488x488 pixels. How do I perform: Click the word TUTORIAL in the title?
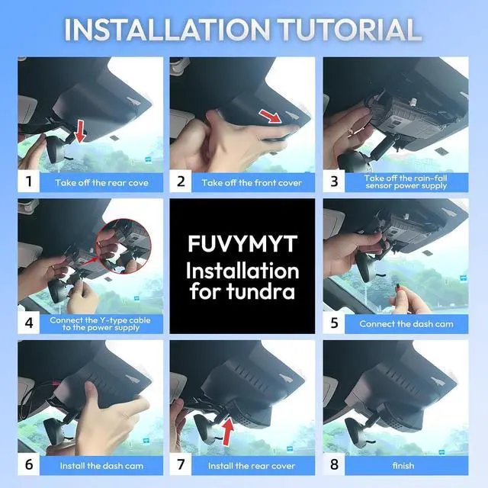click(350, 30)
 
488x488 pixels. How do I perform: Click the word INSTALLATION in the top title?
click(167, 30)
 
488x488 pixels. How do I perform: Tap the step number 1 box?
click(29, 181)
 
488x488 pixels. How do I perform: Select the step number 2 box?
click(181, 181)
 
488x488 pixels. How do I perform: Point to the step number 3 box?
click(334, 181)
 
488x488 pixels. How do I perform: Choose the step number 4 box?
click(29, 323)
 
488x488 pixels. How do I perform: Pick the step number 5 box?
click(334, 323)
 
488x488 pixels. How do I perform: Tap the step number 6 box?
click(29, 464)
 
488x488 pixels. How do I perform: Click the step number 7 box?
click(181, 464)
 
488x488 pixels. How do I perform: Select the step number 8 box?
click(334, 464)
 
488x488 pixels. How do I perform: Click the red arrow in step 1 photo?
click(80, 131)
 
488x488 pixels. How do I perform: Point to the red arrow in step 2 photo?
click(270, 116)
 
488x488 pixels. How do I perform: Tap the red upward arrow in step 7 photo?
click(228, 431)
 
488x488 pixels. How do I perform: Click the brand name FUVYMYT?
click(242, 244)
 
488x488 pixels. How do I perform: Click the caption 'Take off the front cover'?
click(252, 183)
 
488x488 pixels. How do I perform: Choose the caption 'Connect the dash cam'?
click(406, 324)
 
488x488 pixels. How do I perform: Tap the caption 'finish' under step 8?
click(403, 466)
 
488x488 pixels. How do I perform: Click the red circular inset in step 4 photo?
click(124, 246)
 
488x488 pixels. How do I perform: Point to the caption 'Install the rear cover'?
click(252, 466)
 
